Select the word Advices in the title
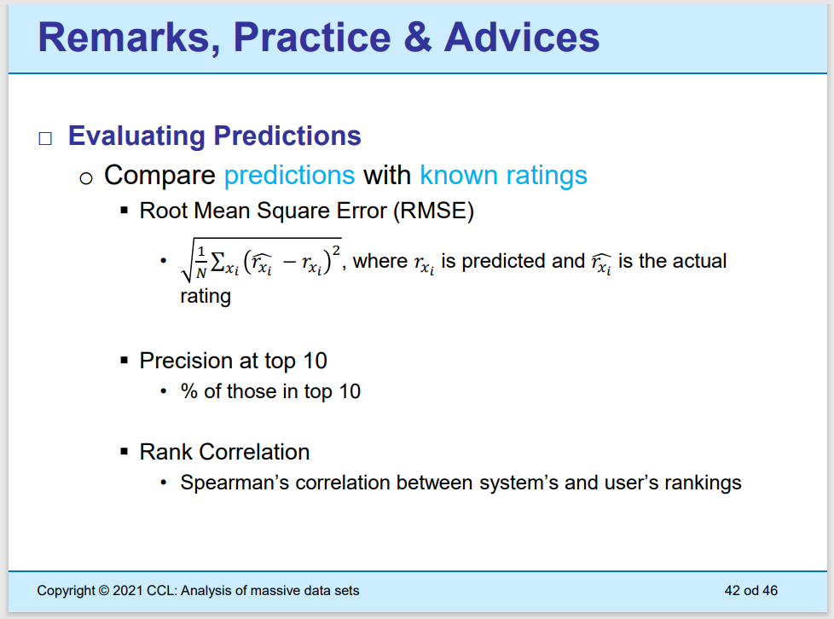pyautogui.click(x=522, y=37)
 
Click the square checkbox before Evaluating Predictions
pyautogui.click(x=45, y=138)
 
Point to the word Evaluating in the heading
pyautogui.click(x=136, y=136)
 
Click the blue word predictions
pyautogui.click(x=289, y=176)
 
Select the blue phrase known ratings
pyautogui.click(x=503, y=176)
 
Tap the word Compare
pyautogui.click(x=159, y=176)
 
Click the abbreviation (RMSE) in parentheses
pyautogui.click(x=433, y=211)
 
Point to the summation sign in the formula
pyautogui.click(x=217, y=262)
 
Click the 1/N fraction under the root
pyautogui.click(x=201, y=262)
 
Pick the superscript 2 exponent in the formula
pyautogui.click(x=336, y=251)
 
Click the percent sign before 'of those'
pyautogui.click(x=188, y=391)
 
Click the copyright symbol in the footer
pyautogui.click(x=104, y=591)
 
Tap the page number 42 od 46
pyautogui.click(x=750, y=591)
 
